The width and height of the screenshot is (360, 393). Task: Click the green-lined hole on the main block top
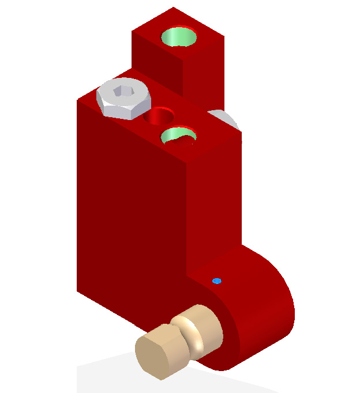(x=178, y=135)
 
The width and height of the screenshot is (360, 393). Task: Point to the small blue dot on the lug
(x=216, y=281)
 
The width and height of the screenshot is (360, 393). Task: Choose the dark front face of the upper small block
(x=156, y=58)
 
